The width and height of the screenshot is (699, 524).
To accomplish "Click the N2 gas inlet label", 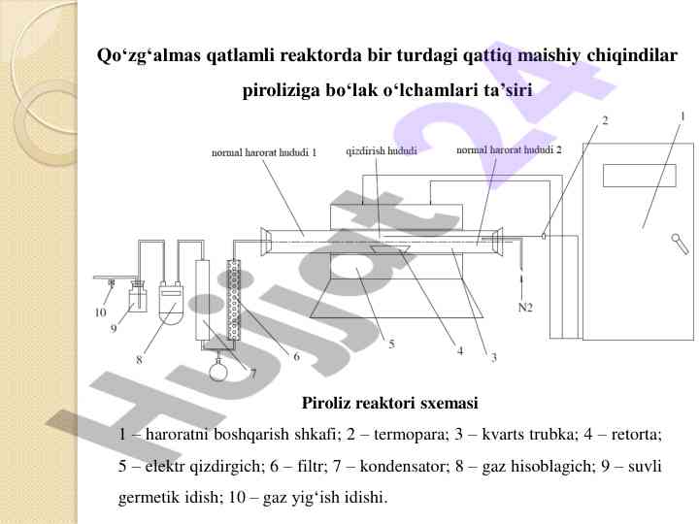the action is coord(525,308).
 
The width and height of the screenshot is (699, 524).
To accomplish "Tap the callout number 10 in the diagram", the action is coord(100,312).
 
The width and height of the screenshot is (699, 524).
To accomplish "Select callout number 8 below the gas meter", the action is coord(139,360).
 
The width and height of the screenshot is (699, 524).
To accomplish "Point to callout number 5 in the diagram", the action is coord(391,344).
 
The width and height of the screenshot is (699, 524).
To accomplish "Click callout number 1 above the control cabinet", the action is coord(682,116).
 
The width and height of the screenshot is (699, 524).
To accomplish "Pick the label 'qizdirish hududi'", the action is coord(382,151).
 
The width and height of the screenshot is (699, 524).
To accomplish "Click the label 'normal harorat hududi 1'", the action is coord(264,152).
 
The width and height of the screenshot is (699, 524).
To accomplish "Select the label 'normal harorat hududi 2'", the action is coord(509,149).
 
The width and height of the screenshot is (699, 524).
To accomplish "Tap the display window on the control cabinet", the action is coord(639,176).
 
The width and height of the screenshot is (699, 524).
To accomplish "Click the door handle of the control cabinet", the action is coord(680,245).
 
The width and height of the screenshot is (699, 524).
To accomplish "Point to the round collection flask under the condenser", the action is coord(218,371).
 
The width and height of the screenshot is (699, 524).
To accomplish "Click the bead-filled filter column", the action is coord(234,300).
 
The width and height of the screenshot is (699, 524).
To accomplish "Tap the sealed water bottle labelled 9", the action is coord(138,299).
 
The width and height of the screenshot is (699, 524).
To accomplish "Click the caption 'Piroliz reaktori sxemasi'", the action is coord(390,403).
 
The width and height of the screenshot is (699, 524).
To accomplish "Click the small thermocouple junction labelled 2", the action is coord(544,236).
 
